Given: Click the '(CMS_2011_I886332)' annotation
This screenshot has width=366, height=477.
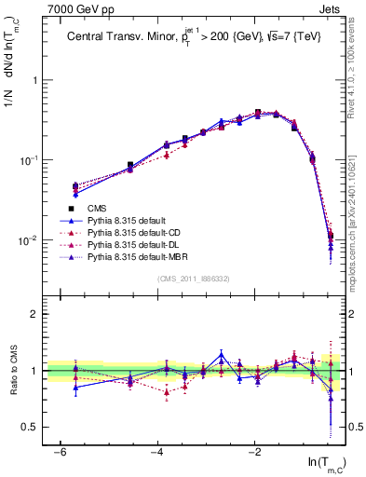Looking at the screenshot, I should coord(195,279).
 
